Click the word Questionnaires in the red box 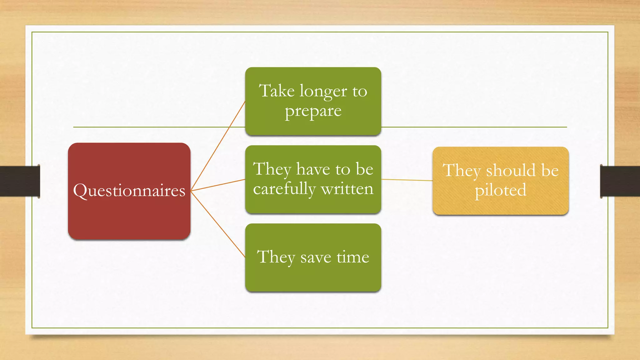point(129,191)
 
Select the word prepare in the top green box point(313,111)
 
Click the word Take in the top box point(277,91)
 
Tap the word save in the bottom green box point(316,257)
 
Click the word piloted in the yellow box point(500,190)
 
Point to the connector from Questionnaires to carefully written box point(218,185)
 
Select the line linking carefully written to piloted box point(407,180)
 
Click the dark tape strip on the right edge point(620,181)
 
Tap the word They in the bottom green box point(276,257)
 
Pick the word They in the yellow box point(462,171)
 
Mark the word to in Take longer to point(360,92)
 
